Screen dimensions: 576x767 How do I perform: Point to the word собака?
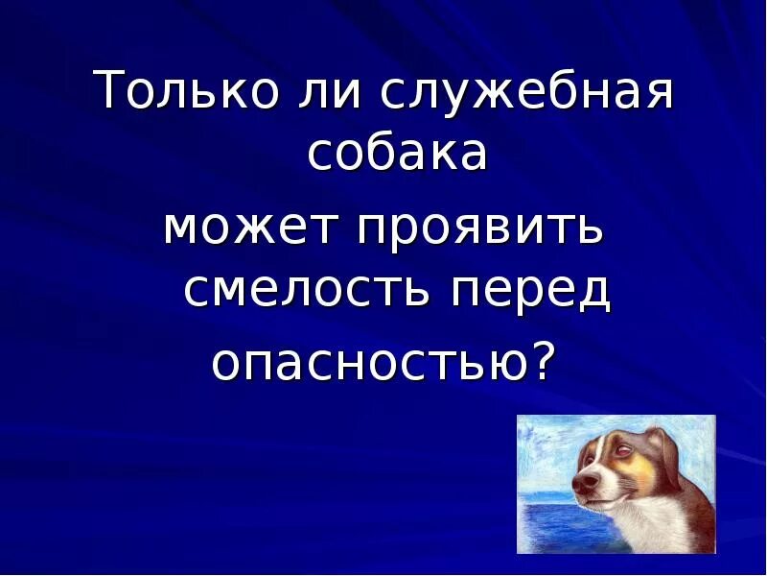398,154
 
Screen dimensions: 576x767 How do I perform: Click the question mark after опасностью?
543,360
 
